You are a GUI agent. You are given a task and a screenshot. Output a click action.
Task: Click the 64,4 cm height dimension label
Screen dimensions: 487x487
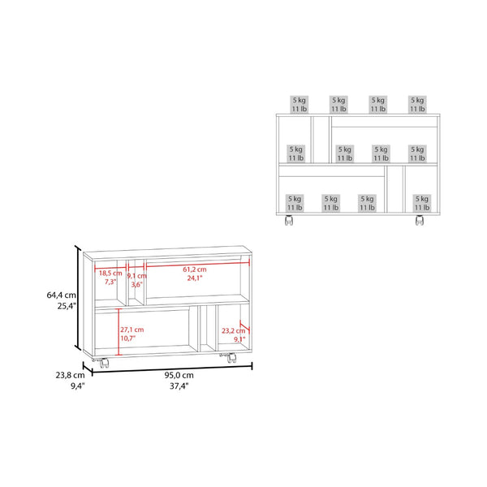[x=61, y=295]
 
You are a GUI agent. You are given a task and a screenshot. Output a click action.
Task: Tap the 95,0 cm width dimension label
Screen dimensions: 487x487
[x=179, y=375]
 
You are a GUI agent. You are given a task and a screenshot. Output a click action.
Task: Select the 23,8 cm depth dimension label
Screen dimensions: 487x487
[x=70, y=375]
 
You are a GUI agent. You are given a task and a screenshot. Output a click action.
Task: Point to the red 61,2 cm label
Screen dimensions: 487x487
[x=195, y=269]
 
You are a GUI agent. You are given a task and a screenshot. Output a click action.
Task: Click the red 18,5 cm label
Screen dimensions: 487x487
[x=110, y=274]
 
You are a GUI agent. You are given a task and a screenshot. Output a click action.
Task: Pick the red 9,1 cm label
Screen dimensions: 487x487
[x=136, y=276]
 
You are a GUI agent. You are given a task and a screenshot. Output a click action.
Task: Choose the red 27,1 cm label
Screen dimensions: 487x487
[x=132, y=330]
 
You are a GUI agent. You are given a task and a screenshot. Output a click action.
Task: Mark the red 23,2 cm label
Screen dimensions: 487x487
[x=233, y=331]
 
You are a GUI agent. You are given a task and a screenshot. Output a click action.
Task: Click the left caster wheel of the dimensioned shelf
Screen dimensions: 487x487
[x=104, y=363]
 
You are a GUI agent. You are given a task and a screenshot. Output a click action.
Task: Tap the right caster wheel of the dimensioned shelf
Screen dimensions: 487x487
[x=231, y=359]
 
